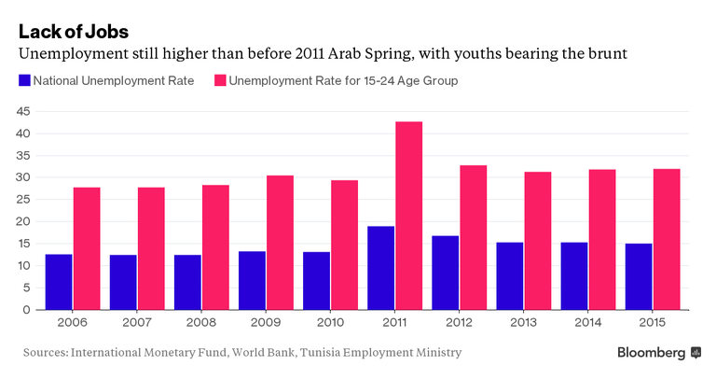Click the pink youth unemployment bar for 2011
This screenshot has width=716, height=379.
(408, 216)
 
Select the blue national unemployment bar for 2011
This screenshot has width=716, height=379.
(380, 268)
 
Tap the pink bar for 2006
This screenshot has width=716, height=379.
(87, 248)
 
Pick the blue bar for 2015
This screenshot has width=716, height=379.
(638, 276)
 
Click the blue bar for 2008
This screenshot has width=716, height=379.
(187, 282)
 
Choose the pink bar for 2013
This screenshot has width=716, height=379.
(538, 241)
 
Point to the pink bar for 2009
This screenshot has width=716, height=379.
(280, 243)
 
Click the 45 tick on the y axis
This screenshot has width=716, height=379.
(25, 111)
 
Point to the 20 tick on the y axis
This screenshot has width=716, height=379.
(25, 221)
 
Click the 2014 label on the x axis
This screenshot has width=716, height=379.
(588, 322)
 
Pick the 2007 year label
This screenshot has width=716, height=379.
(137, 322)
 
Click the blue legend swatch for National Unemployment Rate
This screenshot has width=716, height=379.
(24, 80)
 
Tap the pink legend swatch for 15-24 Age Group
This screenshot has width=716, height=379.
(219, 80)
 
